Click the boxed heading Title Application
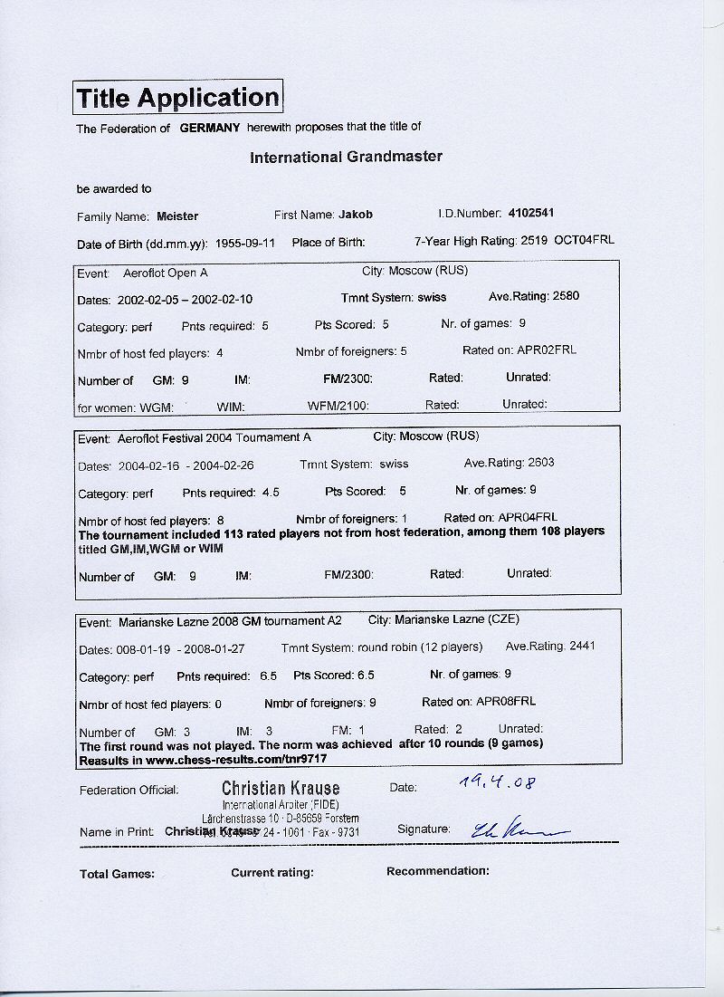[x=177, y=97]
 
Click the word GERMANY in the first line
[x=210, y=128]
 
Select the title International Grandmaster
[x=346, y=157]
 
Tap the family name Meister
[x=177, y=216]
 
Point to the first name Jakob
[x=356, y=215]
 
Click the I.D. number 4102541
[x=532, y=214]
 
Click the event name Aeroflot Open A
[x=166, y=272]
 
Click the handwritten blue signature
[x=504, y=828]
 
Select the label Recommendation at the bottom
[x=437, y=871]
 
